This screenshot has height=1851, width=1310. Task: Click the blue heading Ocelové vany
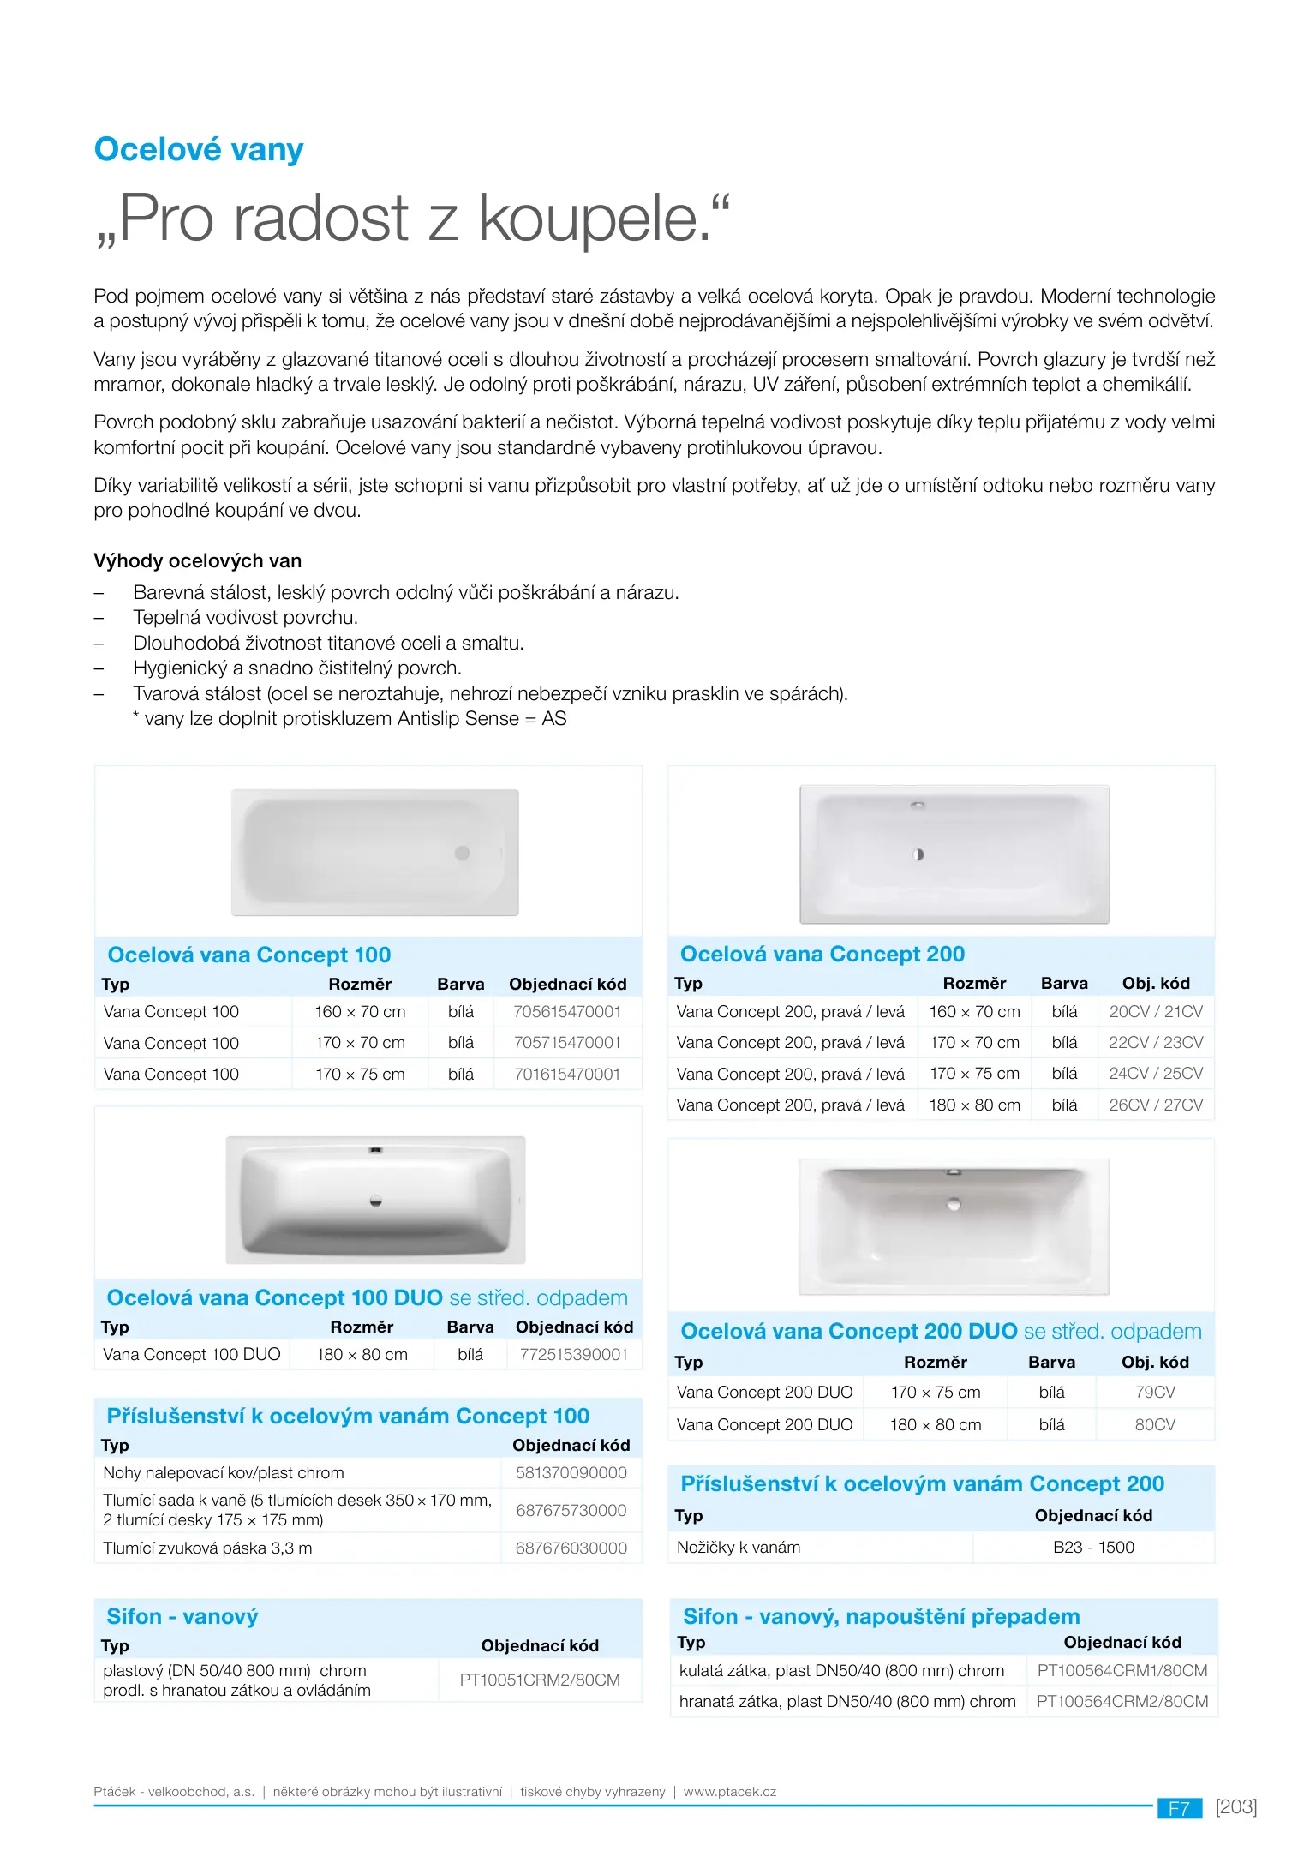pyautogui.click(x=198, y=150)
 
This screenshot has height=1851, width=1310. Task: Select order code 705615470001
pyautogui.click(x=566, y=1012)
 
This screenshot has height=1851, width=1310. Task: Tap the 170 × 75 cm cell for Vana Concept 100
pyautogui.click(x=360, y=1075)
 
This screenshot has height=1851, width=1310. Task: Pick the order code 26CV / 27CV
pyautogui.click(x=1156, y=1105)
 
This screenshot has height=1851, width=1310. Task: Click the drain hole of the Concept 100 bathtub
pyautogui.click(x=463, y=854)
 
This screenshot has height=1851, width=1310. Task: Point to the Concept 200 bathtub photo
pyautogui.click(x=954, y=854)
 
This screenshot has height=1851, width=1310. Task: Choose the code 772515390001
pyautogui.click(x=573, y=1355)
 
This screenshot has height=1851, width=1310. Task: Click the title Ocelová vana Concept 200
pyautogui.click(x=822, y=955)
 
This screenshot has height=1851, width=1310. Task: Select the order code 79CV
pyautogui.click(x=1155, y=1393)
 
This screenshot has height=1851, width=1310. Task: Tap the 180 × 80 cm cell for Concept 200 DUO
pyautogui.click(x=935, y=1425)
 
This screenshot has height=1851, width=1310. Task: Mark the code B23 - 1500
pyautogui.click(x=1093, y=1548)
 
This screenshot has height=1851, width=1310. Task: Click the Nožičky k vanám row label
pyautogui.click(x=739, y=1548)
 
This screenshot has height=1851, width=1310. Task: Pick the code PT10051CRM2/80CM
pyautogui.click(x=540, y=1680)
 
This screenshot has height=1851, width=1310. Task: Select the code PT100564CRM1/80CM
pyautogui.click(x=1122, y=1671)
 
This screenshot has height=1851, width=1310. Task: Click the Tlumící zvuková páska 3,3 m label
pyautogui.click(x=207, y=1548)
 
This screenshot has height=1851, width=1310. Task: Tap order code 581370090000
pyautogui.click(x=571, y=1473)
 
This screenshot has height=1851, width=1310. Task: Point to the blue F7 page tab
pyautogui.click(x=1179, y=1808)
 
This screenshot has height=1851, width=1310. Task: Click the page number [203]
pyautogui.click(x=1235, y=1807)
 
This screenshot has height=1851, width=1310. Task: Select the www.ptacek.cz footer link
pyautogui.click(x=729, y=1792)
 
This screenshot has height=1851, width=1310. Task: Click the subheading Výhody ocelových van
pyautogui.click(x=197, y=561)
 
